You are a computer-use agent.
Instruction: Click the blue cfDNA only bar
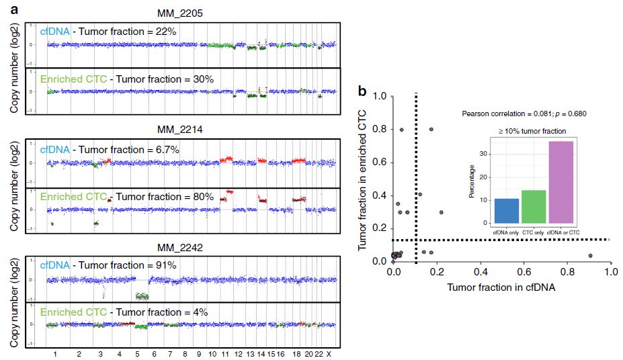point(506,210)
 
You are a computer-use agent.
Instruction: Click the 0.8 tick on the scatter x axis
point(567,273)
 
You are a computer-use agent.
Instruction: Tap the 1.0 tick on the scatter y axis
point(380,97)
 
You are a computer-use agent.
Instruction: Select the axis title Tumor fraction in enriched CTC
point(363,178)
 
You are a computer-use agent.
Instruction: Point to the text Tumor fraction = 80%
point(165,197)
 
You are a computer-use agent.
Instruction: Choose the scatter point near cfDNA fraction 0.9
point(590,256)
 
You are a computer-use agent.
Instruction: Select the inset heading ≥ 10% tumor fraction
point(532,131)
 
